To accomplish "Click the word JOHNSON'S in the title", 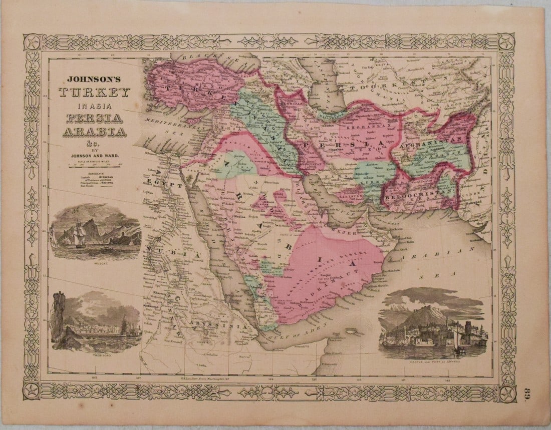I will pos(94,79).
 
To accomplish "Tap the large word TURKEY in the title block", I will pos(94,93).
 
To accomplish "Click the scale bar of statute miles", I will pos(94,165).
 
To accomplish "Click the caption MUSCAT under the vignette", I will pos(95,263).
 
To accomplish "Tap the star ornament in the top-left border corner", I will pos(33,42).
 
